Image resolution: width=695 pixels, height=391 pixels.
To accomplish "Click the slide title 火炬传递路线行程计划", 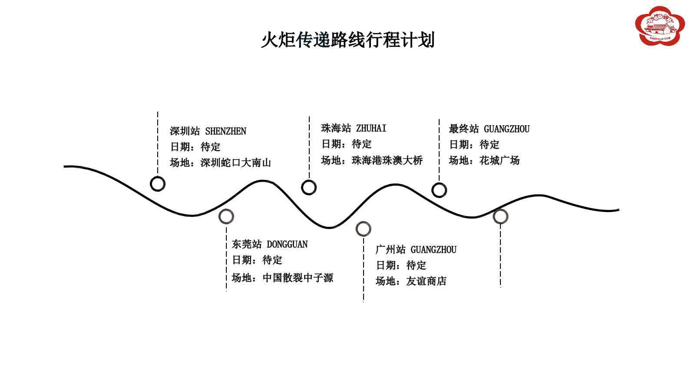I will tap(347, 40).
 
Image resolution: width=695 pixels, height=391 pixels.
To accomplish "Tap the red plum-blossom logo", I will tap(659, 26).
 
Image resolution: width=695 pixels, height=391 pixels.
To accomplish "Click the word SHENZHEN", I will tap(225, 131).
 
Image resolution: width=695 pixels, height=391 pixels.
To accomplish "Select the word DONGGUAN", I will tap(287, 245).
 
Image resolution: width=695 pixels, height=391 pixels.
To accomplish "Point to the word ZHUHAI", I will tap(371, 129).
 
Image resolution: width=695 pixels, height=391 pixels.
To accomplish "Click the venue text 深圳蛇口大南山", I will tap(236, 163).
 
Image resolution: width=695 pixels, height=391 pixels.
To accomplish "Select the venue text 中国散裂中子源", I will tap(298, 278).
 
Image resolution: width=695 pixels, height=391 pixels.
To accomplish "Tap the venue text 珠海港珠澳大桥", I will tap(387, 161).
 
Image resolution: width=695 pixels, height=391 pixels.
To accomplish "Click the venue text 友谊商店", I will tap(426, 282).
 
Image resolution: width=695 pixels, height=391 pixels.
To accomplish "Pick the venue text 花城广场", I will tap(499, 161).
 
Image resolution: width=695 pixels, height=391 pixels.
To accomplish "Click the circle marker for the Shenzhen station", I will tap(158, 184).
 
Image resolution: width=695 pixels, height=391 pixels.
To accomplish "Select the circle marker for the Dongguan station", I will tap(226, 216).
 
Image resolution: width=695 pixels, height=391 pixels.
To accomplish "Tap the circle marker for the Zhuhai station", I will tap(309, 188).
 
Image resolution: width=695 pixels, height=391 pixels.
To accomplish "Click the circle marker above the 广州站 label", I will tap(363, 229).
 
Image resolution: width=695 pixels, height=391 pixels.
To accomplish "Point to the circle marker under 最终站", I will tap(439, 190).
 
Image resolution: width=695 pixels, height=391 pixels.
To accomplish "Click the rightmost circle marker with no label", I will tap(500, 216).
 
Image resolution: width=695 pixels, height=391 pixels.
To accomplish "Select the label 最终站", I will tap(463, 129).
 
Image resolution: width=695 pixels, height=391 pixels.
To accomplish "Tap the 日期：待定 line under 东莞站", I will tap(257, 260).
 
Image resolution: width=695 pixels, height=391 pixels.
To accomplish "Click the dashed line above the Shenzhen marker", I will tap(158, 143).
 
